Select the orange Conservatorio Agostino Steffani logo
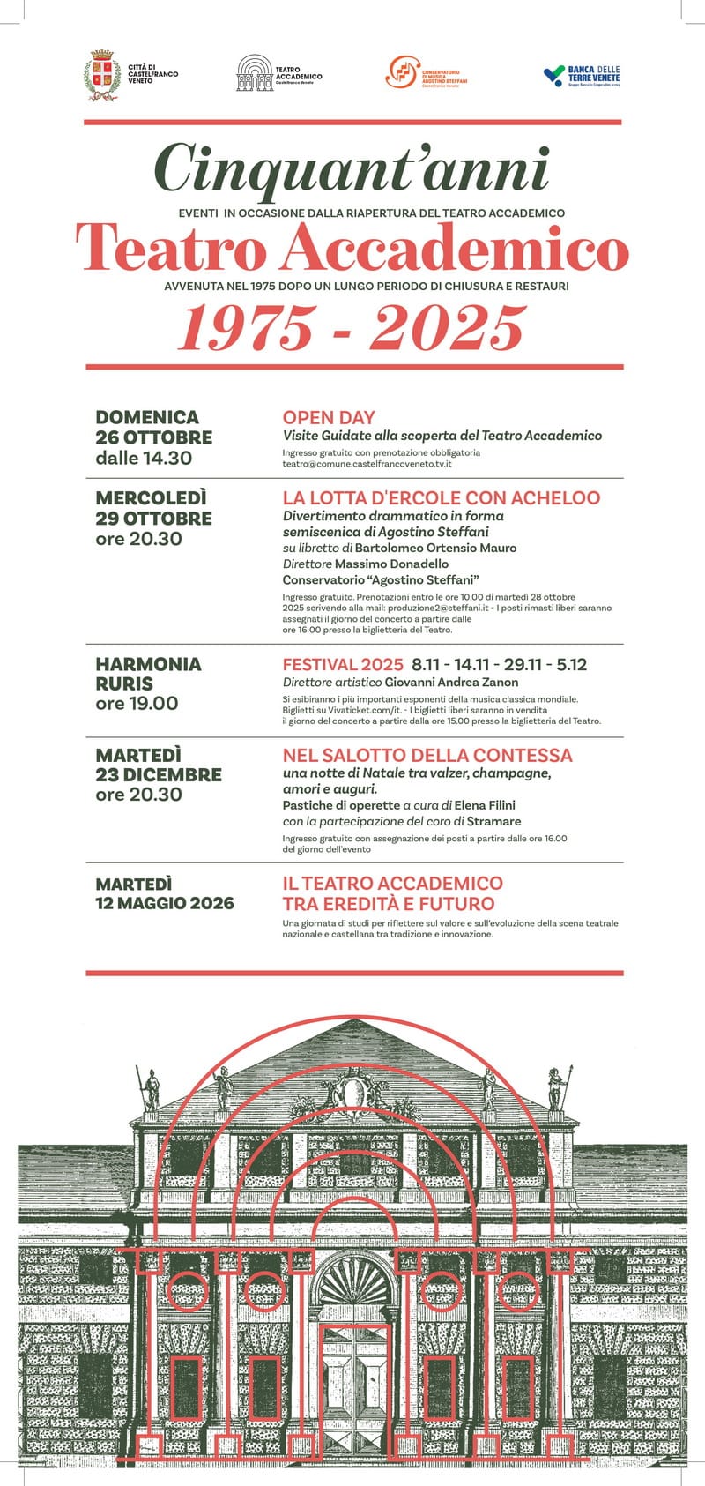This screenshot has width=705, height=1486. pos(402,72)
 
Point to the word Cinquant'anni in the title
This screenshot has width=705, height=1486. pos(351,168)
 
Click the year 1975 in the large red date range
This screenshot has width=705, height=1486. pos(244,328)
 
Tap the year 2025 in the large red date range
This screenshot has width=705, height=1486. pos(447,328)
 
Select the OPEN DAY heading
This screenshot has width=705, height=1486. pos(329,418)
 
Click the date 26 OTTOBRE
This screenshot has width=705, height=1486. pos(154,437)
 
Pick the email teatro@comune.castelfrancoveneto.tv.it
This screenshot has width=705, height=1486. pos(367,464)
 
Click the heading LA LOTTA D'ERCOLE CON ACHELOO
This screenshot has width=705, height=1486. pos(441,498)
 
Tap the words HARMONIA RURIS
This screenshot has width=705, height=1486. pos(148,674)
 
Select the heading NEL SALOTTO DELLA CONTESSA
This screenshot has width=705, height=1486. pos(427,756)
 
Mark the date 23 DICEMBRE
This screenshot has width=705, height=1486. pos(159,775)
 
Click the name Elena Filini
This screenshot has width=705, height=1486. pos(484,805)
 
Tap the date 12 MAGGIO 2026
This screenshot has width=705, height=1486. pos(165,903)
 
